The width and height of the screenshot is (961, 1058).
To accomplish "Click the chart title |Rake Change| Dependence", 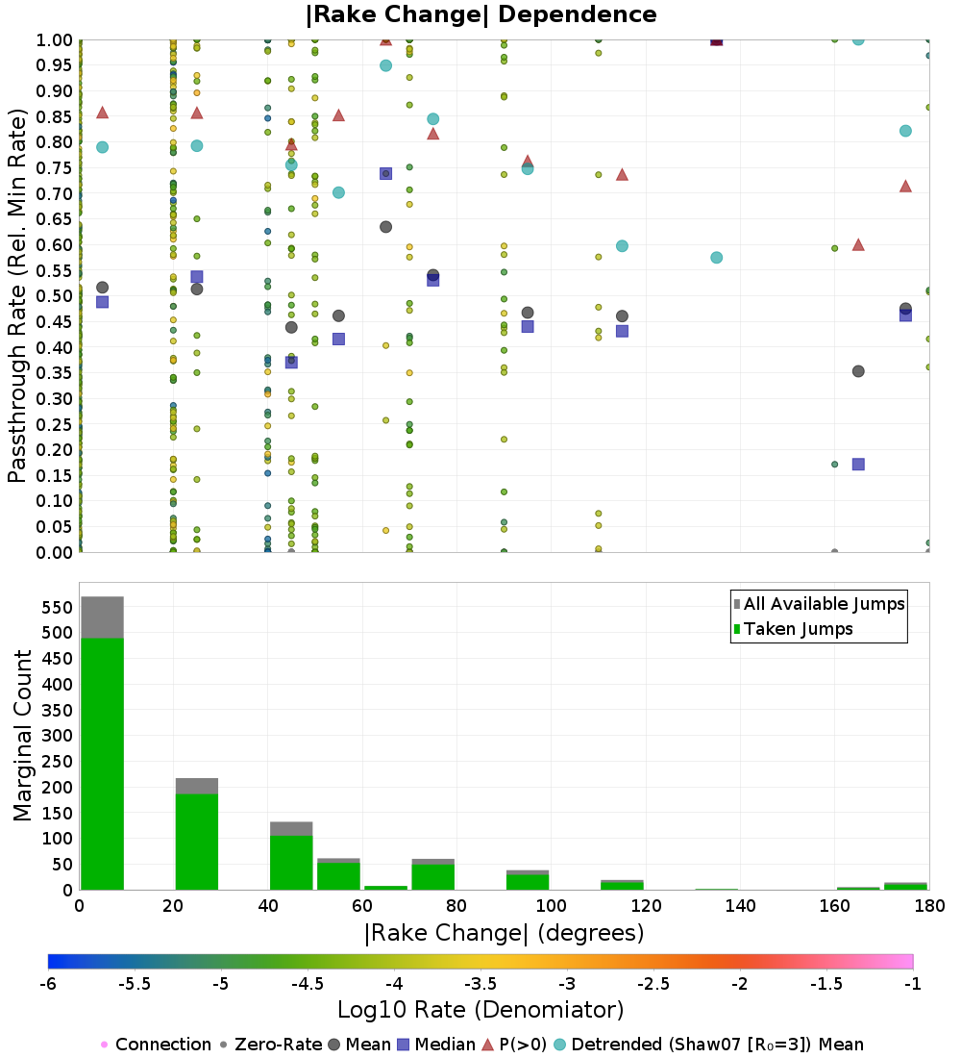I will coord(480,14).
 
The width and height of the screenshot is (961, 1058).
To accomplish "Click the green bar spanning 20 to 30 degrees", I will coord(196,842).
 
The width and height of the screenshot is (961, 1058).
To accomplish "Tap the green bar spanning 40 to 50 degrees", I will coord(291,863).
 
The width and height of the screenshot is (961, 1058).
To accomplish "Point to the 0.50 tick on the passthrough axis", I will coord(56,296).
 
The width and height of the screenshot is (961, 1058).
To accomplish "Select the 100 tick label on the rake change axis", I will coord(551,906).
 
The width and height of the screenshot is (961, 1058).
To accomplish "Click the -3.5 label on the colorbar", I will coord(480,984).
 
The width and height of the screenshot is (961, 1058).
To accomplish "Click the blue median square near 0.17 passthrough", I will coord(858,464).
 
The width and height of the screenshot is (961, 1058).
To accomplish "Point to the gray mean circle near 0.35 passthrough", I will coord(858,371).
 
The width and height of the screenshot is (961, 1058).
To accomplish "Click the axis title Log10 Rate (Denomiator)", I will coord(480,1010).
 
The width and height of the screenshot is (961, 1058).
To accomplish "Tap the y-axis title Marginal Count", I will coord(23,736).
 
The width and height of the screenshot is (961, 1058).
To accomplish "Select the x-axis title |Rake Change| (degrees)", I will coord(504,933).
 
